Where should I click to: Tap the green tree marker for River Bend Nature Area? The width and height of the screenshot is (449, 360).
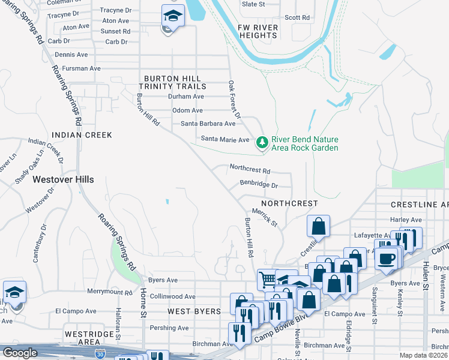coord(261,142)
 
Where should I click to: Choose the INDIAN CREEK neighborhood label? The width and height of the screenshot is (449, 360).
coord(82,135)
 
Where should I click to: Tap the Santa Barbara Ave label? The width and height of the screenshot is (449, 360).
coord(208,124)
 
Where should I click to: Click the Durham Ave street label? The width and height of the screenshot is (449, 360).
coord(186,97)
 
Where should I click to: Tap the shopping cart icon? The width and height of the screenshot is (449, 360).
coord(267,278)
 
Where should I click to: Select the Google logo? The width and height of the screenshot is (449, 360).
coord(20,353)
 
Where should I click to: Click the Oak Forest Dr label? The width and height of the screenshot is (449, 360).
coord(234,99)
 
